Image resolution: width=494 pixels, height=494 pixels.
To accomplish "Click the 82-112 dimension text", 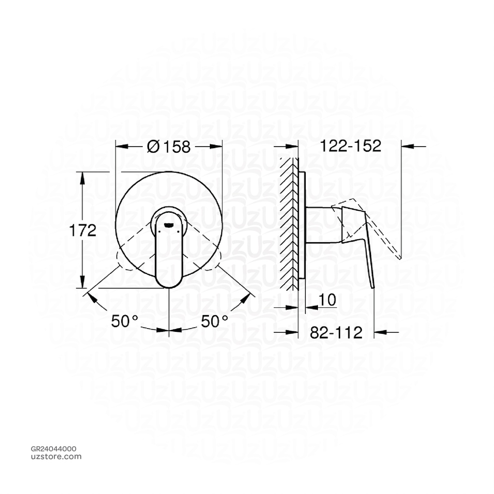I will click(x=336, y=332).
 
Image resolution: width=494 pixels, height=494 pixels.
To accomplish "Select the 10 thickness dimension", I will click(x=328, y=301).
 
